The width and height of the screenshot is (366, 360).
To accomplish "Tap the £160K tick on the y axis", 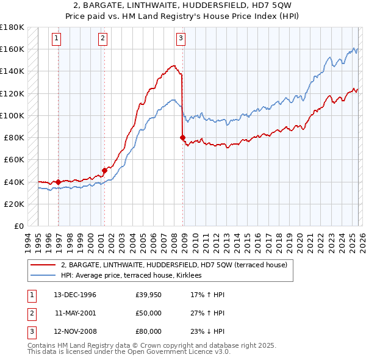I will [x=12, y=49].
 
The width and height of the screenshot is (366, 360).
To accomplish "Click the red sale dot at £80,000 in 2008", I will [x=183, y=138].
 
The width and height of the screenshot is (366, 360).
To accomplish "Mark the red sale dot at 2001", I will [x=104, y=171].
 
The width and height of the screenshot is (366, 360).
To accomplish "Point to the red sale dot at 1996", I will [x=59, y=182].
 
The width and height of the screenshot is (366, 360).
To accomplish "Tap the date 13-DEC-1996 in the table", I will [x=75, y=295].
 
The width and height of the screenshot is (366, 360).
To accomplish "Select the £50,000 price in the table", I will [x=149, y=313].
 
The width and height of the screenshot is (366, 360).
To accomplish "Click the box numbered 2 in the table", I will [x=31, y=313].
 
